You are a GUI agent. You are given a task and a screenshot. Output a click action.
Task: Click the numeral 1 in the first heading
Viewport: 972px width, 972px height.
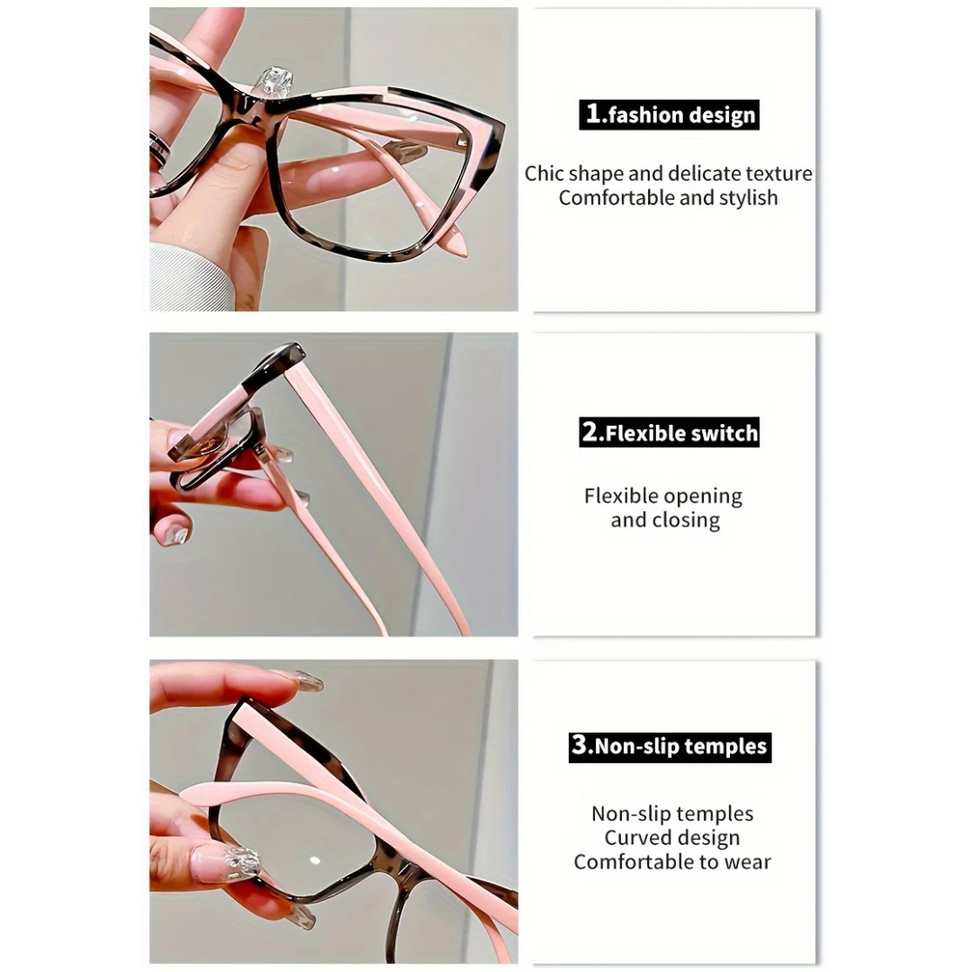(593, 113)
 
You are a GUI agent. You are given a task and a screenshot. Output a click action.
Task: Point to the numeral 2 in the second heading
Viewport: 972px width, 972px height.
(589, 431)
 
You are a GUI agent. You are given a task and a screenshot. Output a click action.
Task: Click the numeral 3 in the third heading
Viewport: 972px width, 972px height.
(579, 744)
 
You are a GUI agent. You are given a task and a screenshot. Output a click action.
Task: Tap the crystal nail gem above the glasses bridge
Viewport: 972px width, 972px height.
(276, 83)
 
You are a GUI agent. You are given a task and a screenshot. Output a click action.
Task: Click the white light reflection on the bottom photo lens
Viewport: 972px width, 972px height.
(315, 860)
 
